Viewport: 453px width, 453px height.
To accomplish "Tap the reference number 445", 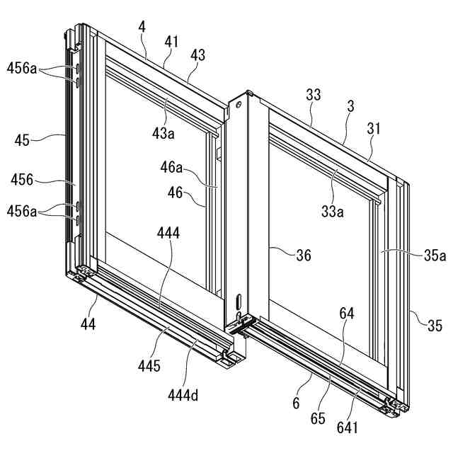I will coord(149,366).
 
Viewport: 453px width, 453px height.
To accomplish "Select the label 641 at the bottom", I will coord(347,427).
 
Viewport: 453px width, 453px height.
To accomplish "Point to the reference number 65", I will coord(317,418).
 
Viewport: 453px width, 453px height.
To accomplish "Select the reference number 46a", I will coord(171,168).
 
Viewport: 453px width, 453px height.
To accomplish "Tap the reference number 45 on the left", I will coord(21,140).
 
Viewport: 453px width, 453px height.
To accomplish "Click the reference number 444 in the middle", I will coord(169,232).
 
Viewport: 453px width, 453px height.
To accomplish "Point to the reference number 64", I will coord(347,312).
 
